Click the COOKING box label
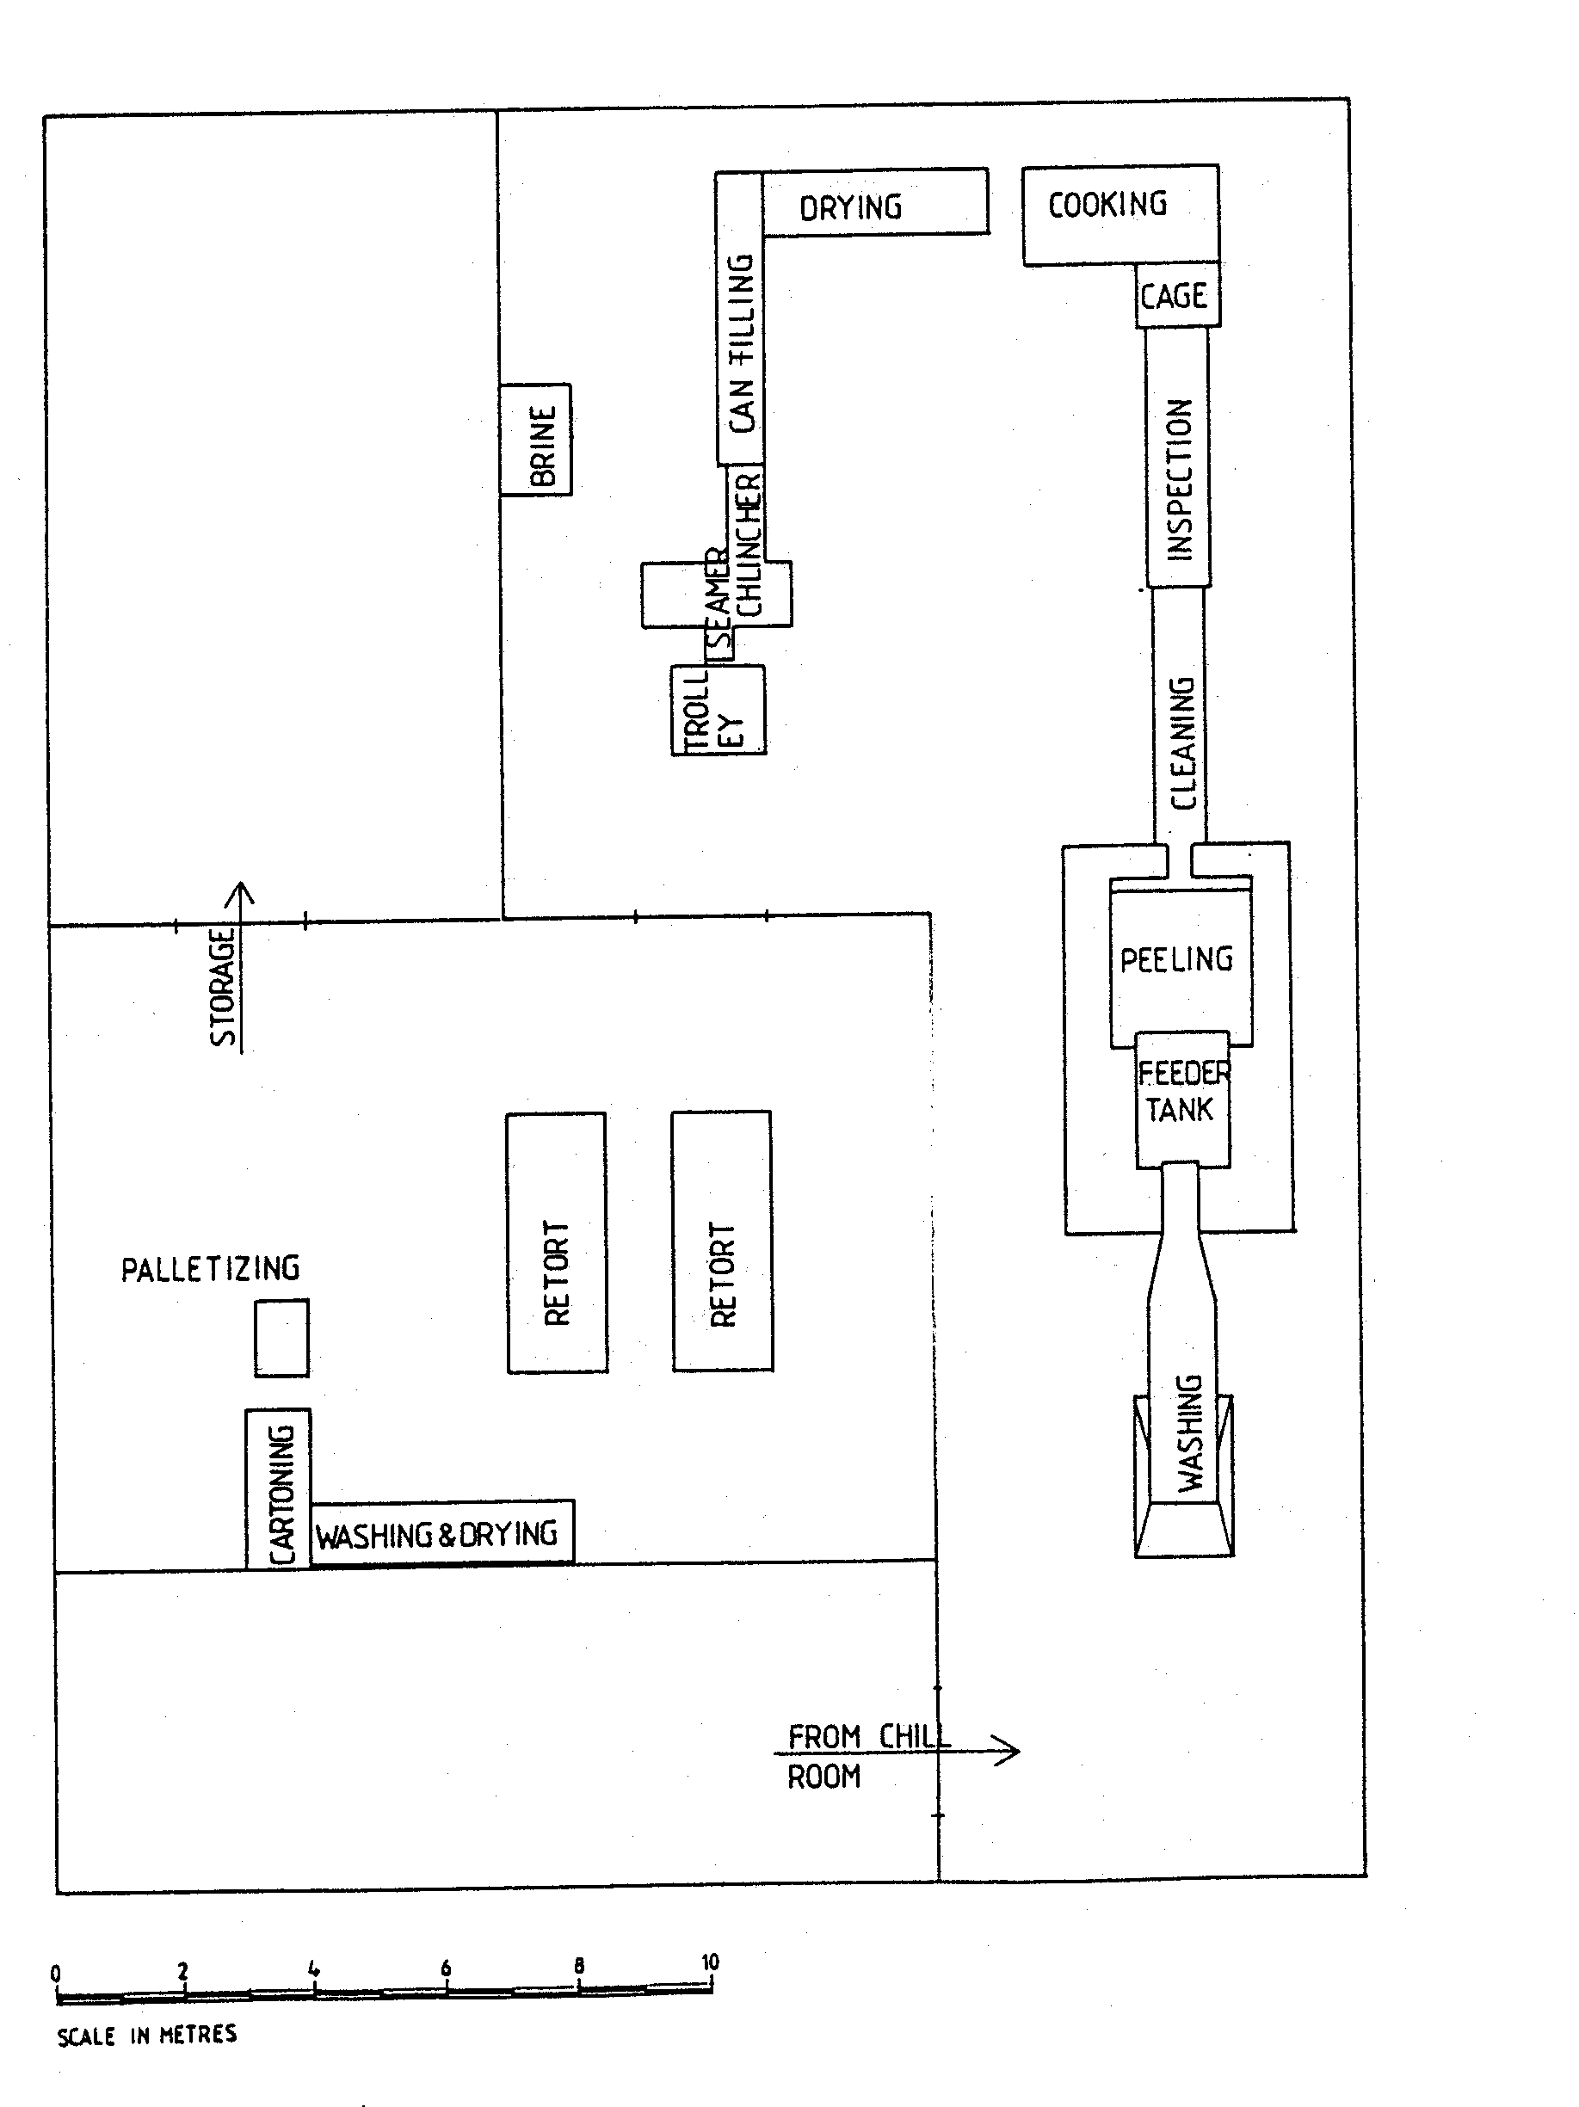tap(1107, 205)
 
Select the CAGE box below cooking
tap(1176, 296)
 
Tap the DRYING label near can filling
tap(850, 207)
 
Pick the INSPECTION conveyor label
tap(1179, 479)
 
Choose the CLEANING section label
tap(1181, 743)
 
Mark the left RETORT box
tap(557, 1243)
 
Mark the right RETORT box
tap(722, 1241)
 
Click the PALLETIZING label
tap(210, 1269)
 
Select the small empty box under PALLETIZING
tap(281, 1339)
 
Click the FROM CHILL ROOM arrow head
tap(1012, 1751)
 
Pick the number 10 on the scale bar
tap(710, 1963)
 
